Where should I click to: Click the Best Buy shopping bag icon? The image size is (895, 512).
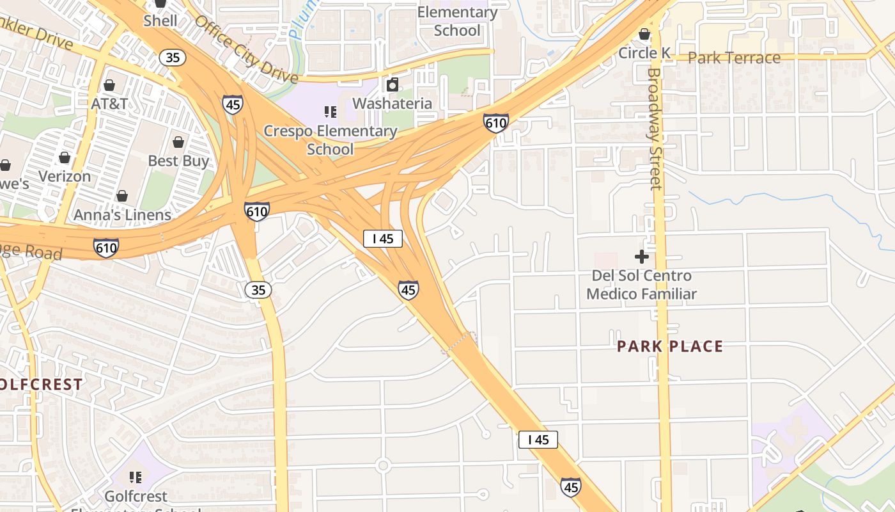pos(178,141)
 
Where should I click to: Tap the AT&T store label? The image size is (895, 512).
pos(109,103)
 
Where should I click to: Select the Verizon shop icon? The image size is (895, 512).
pos(64,157)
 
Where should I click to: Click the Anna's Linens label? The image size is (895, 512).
pos(122,215)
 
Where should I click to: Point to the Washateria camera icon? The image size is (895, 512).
pos(393,84)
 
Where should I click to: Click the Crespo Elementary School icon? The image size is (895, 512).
pos(331,112)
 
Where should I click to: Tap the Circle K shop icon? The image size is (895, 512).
pos(644,34)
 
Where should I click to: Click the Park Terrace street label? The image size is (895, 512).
pos(734,58)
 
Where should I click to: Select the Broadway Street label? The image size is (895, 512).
pos(655,128)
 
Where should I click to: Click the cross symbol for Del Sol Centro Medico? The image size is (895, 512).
pos(642,257)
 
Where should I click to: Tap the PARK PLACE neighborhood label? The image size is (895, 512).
pos(670,346)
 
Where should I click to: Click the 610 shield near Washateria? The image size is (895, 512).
pos(496,122)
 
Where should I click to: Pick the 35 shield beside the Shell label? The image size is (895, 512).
pos(173,57)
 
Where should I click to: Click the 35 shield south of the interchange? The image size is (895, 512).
pos(258,290)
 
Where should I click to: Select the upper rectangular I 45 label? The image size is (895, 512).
pos(383,239)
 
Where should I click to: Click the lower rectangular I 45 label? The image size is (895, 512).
pos(538,439)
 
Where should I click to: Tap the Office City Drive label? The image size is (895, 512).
pos(246,49)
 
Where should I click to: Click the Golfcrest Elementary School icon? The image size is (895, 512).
pos(135,477)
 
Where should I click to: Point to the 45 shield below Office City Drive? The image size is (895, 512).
pos(233,104)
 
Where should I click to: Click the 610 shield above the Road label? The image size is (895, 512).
pos(105,247)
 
